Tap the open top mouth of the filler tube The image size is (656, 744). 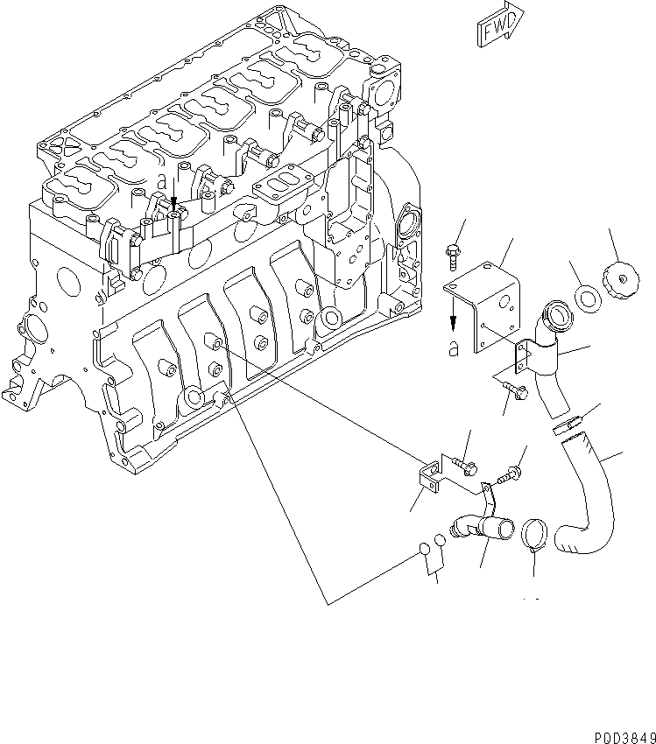click(555, 311)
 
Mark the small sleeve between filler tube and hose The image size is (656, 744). click(568, 425)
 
